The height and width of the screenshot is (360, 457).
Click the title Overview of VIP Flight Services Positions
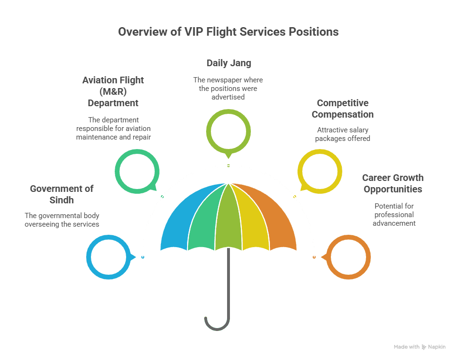[228, 32]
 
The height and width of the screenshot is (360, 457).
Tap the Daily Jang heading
[228, 63]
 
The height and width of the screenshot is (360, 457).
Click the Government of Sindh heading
[61, 194]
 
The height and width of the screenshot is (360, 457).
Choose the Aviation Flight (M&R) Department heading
[113, 91]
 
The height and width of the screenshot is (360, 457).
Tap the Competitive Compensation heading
[343, 109]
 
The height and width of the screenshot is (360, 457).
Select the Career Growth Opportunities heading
[392, 183]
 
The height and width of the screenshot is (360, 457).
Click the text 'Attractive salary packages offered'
[343, 134]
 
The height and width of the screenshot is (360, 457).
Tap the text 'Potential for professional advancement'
[394, 214]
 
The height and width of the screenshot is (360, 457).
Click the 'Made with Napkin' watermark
[419, 348]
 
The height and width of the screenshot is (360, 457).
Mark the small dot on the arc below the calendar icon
[228, 165]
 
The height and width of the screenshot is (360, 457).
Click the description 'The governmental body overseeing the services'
[61, 220]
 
